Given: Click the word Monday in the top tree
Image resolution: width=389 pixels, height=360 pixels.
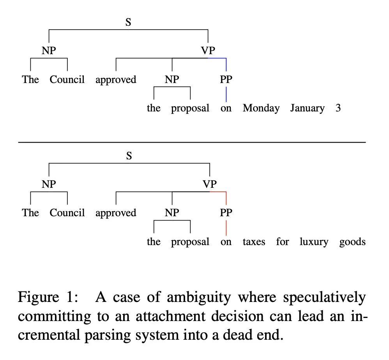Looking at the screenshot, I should [x=261, y=108].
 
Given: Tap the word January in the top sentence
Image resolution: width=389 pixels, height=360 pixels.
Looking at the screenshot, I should [x=307, y=108].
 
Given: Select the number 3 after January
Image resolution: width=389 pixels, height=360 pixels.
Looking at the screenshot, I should [x=338, y=108].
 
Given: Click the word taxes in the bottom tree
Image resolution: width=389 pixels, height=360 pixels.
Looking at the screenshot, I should [x=254, y=242].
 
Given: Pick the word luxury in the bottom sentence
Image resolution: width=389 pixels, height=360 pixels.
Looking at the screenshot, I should [x=314, y=242].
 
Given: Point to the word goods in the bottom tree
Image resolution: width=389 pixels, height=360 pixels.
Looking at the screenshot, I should [x=352, y=242].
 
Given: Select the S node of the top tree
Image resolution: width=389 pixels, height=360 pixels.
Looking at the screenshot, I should [x=128, y=22].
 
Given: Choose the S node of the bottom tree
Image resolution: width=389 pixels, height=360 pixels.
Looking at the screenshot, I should [x=129, y=156].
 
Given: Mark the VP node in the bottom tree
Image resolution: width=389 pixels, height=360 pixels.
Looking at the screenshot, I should [x=210, y=184].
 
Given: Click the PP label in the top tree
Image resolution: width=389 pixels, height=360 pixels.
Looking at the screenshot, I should [x=226, y=79].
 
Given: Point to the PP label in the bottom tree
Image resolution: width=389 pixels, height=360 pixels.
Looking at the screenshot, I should [x=226, y=213].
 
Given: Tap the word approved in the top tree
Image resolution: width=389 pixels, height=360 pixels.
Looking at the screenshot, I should [x=116, y=80].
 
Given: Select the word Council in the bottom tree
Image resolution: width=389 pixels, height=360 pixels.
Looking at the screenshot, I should [x=67, y=213].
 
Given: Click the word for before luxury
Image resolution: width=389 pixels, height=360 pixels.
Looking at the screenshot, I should [x=283, y=242].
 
